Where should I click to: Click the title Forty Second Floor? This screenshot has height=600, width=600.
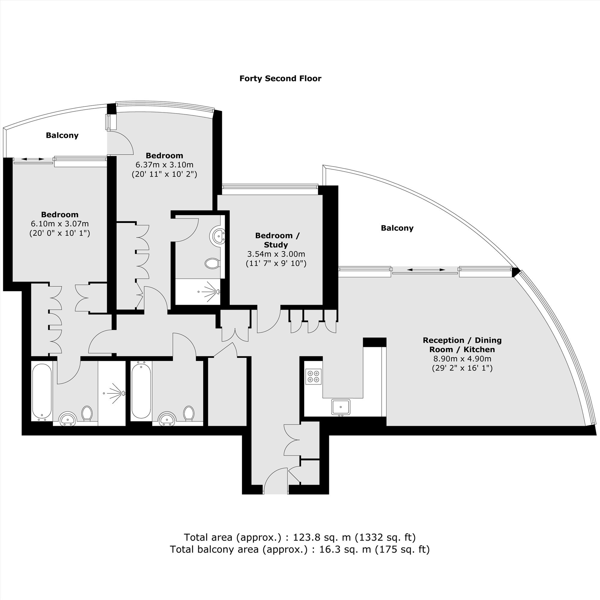coord(280,79)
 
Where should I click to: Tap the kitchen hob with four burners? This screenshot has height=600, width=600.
coord(313,376)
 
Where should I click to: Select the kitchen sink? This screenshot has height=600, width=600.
coord(341,407)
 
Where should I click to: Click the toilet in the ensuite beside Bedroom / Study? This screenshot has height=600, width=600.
coord(213,264)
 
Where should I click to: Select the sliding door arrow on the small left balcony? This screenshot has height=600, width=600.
coord(33,159)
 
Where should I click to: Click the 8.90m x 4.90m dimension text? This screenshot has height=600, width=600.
coord(462,359)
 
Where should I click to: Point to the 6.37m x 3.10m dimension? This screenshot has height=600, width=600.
coord(164,165)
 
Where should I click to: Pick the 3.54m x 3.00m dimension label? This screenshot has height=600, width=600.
coord(276,254)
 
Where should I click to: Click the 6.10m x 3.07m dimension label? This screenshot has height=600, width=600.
coord(60,223)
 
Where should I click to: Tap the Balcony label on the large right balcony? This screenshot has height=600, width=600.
coord(397,228)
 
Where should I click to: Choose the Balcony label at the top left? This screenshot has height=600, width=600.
coord(62,135)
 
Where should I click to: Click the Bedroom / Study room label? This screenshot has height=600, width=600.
coord(277,240)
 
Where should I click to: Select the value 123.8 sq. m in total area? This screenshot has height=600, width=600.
coord(322,537)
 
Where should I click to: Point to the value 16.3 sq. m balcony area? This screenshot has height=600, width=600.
coord(345,550)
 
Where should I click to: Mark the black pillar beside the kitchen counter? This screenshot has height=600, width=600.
coord(374,342)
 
